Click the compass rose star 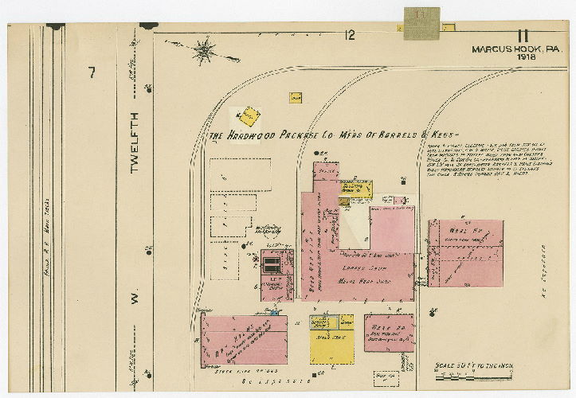tap(206, 50)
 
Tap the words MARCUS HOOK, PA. tap(517, 49)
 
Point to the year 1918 tap(526, 58)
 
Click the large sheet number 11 tap(523, 35)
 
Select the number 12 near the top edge tap(349, 34)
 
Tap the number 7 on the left tap(92, 73)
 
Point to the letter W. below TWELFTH tap(134, 302)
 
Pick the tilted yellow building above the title tap(250, 117)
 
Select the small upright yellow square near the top tap(295, 97)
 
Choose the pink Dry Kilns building tap(244, 339)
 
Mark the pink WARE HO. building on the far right tap(466, 254)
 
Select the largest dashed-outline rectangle tap(240, 174)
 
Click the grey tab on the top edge tap(421, 23)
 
